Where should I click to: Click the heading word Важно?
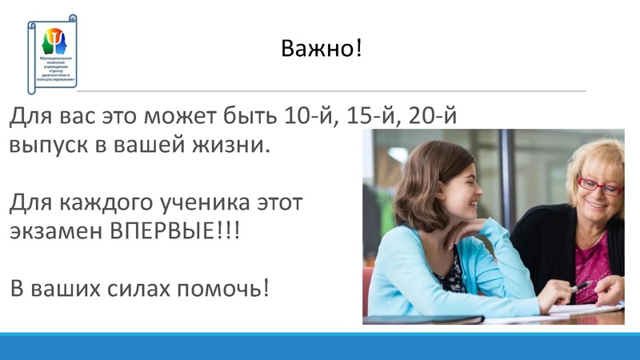(322, 49)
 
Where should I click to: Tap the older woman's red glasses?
(599, 186)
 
